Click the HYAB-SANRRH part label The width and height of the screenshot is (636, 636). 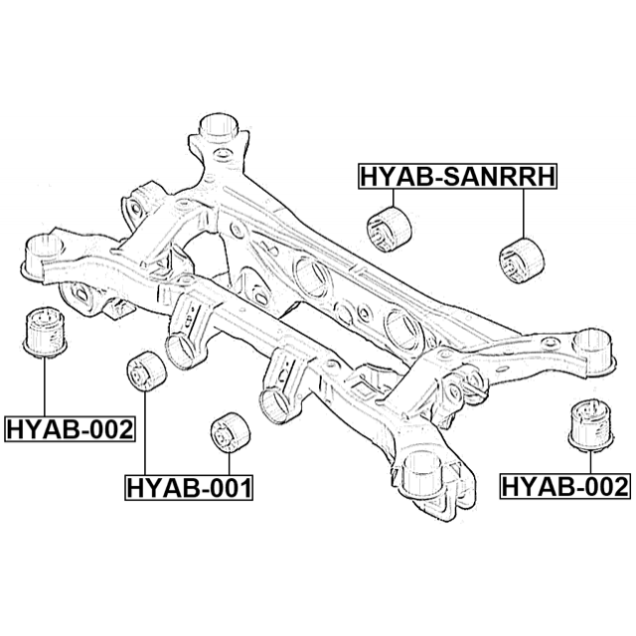click(x=457, y=177)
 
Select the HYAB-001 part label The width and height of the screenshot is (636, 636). click(x=189, y=487)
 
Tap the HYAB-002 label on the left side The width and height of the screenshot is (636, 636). click(x=70, y=428)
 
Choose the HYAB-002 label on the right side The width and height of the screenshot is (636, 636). click(x=565, y=486)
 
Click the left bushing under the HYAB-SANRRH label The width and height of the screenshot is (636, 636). click(x=389, y=230)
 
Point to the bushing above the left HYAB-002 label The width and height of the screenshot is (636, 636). click(x=45, y=333)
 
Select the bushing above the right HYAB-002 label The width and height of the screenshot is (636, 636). click(x=590, y=426)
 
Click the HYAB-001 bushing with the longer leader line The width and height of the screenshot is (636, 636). click(x=146, y=372)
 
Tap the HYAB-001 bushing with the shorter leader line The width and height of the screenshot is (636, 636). click(x=231, y=432)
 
